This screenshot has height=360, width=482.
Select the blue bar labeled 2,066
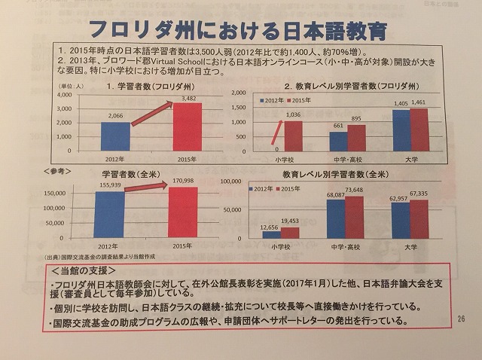115,136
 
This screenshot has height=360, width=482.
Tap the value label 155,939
110,185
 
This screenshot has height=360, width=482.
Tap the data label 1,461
419,102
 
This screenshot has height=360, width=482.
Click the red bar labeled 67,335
419,219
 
